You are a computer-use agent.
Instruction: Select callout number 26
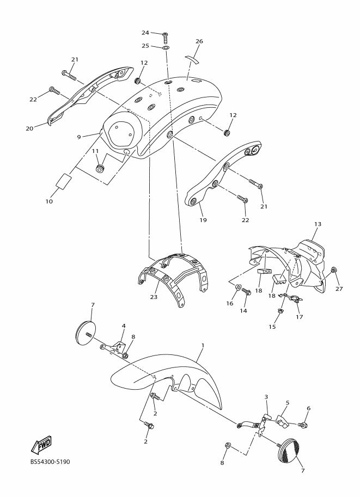199,41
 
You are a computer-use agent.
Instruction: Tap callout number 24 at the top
145,33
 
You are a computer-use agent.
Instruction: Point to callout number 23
154,297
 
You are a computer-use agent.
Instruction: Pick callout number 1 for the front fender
203,345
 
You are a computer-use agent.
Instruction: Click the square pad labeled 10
64,181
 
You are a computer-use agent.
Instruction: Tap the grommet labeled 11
100,167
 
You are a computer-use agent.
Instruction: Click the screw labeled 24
165,37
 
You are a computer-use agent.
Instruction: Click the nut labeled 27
334,270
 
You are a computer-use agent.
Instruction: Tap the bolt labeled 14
246,292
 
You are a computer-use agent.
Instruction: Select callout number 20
29,128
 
